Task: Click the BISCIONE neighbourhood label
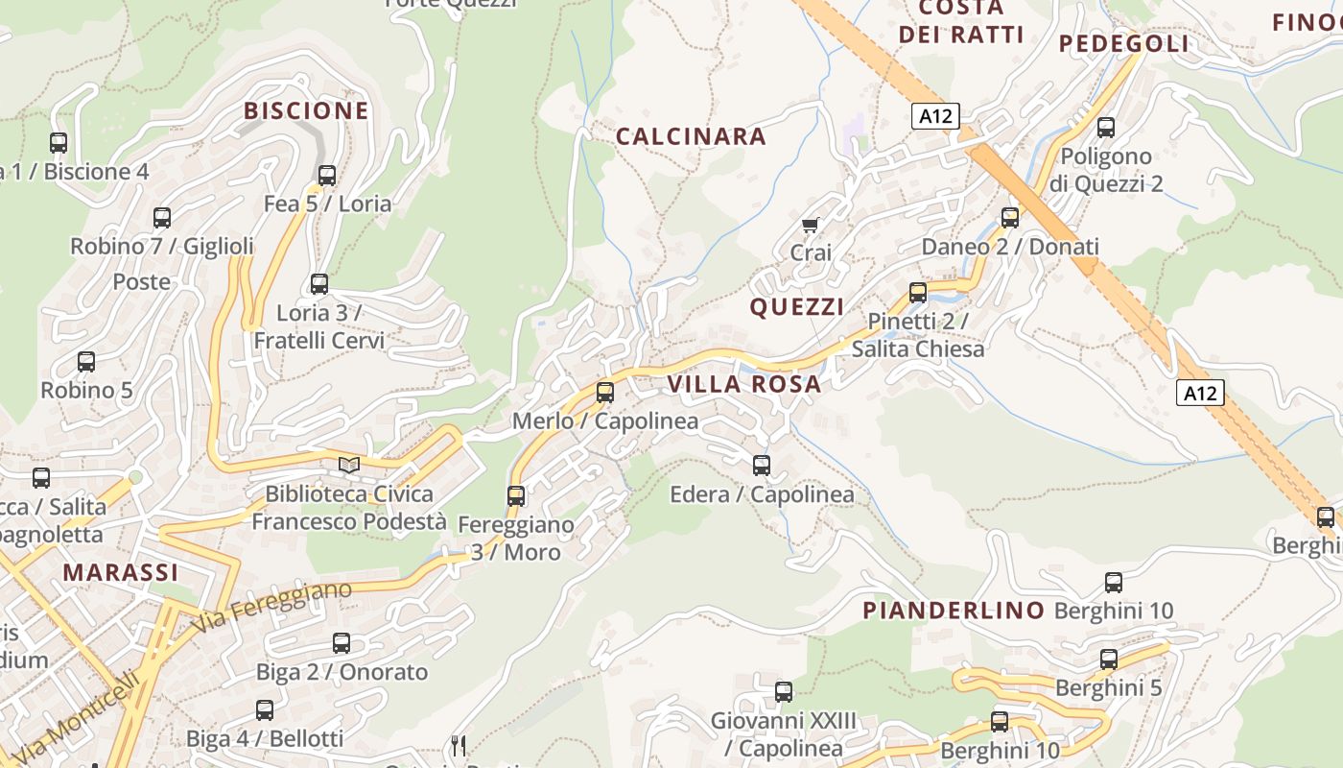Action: tap(306, 110)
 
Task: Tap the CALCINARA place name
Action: tap(691, 136)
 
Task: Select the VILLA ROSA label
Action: tap(744, 384)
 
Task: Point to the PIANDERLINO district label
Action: tap(954, 610)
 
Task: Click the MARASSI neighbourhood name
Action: tap(121, 572)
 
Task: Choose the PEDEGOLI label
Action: tap(1123, 43)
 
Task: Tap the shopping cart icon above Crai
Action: tap(811, 226)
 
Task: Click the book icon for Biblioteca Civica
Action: tap(349, 466)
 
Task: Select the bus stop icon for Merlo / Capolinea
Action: tap(605, 392)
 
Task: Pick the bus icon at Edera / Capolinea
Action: tap(762, 466)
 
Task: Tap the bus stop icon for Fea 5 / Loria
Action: tap(327, 176)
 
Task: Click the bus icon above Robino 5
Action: tap(86, 362)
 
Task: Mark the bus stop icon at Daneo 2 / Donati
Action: tap(1010, 218)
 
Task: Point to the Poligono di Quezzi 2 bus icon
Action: tap(1106, 127)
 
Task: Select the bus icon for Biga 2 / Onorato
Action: tap(342, 643)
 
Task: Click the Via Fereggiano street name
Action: tap(271, 606)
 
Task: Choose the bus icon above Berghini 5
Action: tap(1109, 660)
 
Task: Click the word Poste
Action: tap(142, 281)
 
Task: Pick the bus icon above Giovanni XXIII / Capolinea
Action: tap(784, 692)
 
